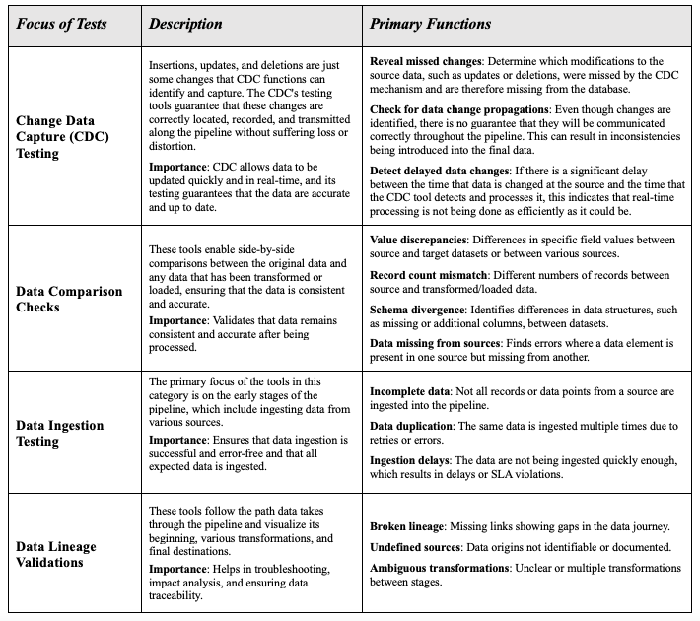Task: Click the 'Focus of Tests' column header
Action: (67, 23)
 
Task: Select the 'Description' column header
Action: (185, 23)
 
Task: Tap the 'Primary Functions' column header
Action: (431, 23)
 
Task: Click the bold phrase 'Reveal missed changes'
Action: (428, 61)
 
